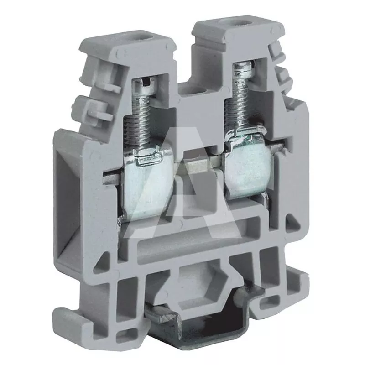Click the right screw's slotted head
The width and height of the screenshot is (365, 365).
pos(244,69)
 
